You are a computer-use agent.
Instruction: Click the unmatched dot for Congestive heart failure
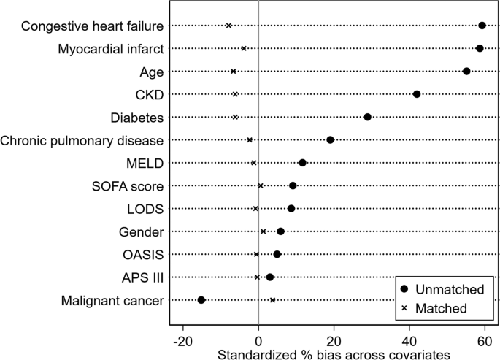[x=482, y=26]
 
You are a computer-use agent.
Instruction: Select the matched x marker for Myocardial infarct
[x=244, y=48]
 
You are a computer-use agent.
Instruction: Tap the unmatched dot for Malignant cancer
[x=201, y=300]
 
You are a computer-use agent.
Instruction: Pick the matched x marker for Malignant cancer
[x=272, y=300]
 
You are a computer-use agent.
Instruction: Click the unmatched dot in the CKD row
[x=417, y=94]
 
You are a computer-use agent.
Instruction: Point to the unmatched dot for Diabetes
[x=367, y=117]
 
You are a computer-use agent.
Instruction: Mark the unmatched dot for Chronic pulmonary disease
[x=330, y=140]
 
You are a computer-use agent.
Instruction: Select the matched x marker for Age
[x=234, y=72]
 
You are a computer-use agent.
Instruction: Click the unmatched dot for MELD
[x=302, y=163]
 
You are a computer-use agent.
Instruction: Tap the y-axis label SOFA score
[x=133, y=186]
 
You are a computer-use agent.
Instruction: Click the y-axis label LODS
[x=145, y=209]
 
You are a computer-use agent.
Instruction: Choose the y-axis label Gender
[x=141, y=232]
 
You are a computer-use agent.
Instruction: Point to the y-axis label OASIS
[x=143, y=255]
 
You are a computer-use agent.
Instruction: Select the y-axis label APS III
[x=142, y=277]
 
